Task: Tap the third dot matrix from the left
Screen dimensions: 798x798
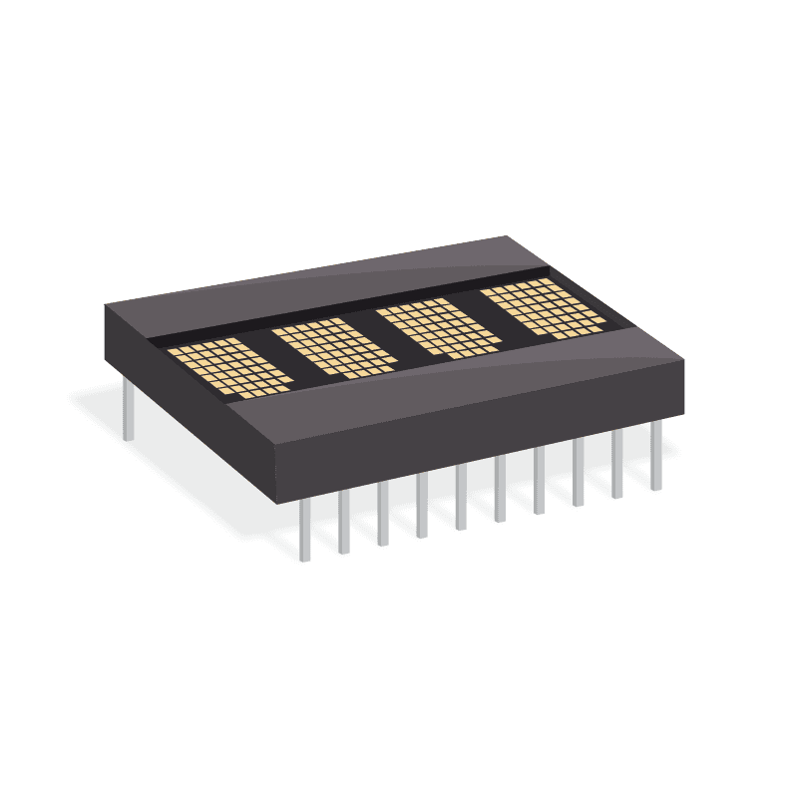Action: pos(439,328)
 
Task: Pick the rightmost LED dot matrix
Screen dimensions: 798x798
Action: pos(544,308)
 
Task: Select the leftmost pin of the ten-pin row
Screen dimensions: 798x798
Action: pos(304,529)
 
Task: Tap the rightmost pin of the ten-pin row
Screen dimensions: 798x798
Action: pos(655,456)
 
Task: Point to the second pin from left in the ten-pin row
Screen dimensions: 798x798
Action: pos(343,521)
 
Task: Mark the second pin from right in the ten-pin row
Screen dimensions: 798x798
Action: pos(617,464)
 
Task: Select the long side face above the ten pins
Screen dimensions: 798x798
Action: pos(479,429)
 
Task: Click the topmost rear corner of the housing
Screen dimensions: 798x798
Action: pos(507,237)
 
